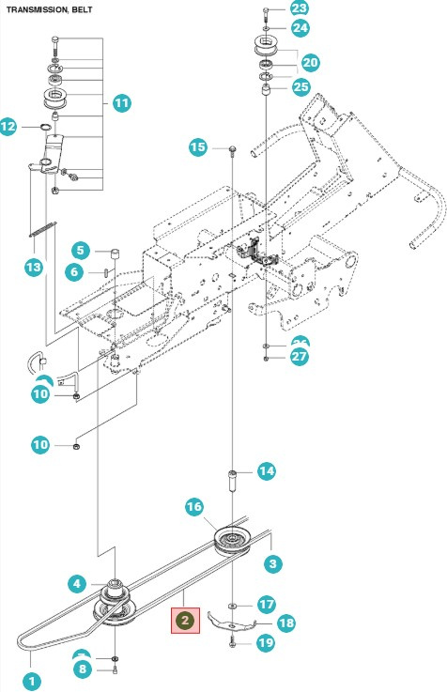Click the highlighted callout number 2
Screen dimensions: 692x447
(x=185, y=620)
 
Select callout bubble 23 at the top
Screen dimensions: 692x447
(x=299, y=8)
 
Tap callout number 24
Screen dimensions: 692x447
(x=299, y=28)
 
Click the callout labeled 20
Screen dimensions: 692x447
(x=309, y=62)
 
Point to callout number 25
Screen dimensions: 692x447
(x=300, y=87)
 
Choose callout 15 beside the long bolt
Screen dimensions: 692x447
(x=198, y=147)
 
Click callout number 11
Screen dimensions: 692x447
(x=121, y=103)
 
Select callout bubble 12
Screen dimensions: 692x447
(x=8, y=125)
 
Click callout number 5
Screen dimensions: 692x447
(x=81, y=250)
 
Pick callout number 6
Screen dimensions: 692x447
(x=81, y=271)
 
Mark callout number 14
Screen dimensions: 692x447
(x=266, y=471)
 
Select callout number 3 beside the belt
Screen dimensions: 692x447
(x=273, y=563)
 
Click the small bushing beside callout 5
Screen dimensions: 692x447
(x=114, y=254)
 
